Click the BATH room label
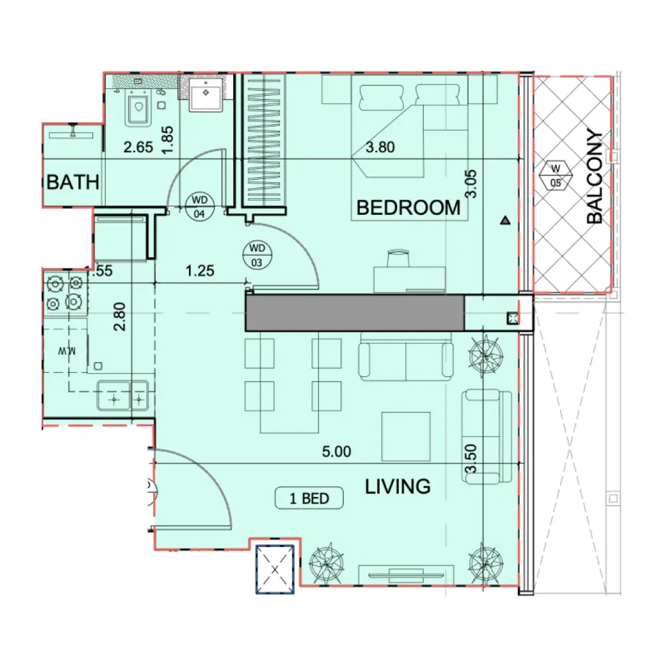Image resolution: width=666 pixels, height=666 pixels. coord(73,182)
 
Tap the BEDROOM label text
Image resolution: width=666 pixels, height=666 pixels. coord(408,208)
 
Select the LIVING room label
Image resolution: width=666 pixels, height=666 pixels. coord(398,486)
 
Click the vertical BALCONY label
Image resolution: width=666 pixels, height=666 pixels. coord(595,177)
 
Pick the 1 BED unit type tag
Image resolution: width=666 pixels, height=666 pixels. coord(309,498)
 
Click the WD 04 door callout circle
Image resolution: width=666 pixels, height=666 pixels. coord(199,206)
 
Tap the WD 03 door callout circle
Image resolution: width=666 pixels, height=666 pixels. coord(257,255)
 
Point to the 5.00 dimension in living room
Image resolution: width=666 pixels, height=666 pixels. coord(336,452)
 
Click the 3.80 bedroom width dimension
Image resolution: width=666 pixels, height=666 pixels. coord(380,147)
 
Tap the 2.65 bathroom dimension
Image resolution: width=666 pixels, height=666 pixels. coord(138,147)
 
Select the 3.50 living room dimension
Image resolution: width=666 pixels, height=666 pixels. coord(472,458)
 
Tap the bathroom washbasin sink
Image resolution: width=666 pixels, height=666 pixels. coord(206,94)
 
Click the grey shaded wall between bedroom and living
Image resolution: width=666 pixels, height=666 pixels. coord(354,312)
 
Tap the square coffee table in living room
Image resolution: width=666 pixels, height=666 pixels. coord(406,436)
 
